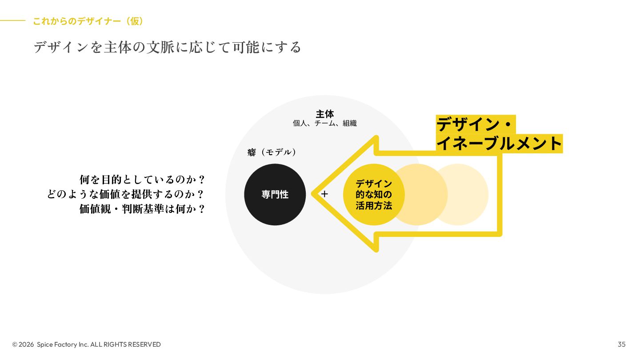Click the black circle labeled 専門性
pyautogui.click(x=275, y=194)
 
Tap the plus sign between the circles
pyautogui.click(x=324, y=194)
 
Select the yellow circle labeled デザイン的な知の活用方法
pyautogui.click(x=373, y=194)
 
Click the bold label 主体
pyautogui.click(x=324, y=114)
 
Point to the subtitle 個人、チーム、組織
pyautogui.click(x=324, y=123)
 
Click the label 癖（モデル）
pyautogui.click(x=272, y=152)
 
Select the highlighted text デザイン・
pyautogui.click(x=475, y=124)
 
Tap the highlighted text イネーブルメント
pyautogui.click(x=499, y=144)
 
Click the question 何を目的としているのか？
pyautogui.click(x=142, y=180)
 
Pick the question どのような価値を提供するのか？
pyautogui.click(x=126, y=194)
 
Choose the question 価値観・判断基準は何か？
pyautogui.click(x=142, y=209)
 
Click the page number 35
pyautogui.click(x=621, y=344)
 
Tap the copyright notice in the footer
pyautogui.click(x=87, y=344)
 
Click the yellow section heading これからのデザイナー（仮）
pyautogui.click(x=88, y=21)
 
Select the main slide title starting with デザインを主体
pyautogui.click(x=168, y=47)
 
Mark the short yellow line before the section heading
pyautogui.click(x=12, y=20)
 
